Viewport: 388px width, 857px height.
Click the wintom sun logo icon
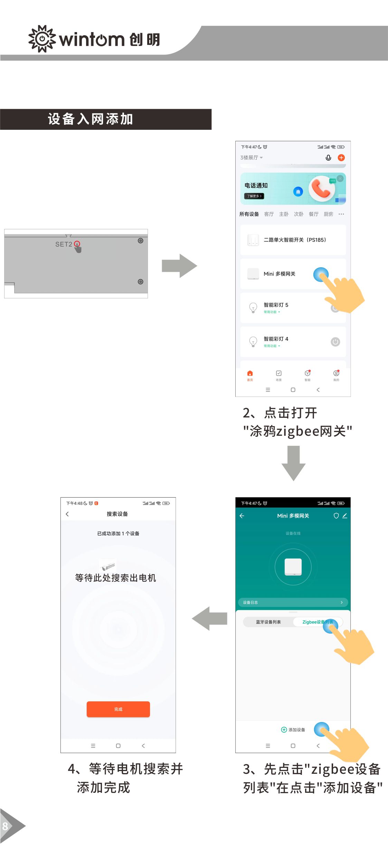[42, 39]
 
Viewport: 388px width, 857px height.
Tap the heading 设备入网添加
[91, 119]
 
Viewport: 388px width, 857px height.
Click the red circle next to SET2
[77, 243]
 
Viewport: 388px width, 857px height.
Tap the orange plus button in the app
[341, 158]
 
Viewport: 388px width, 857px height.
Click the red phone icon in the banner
[321, 189]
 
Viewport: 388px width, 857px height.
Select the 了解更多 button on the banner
[254, 196]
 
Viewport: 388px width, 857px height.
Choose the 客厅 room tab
[269, 214]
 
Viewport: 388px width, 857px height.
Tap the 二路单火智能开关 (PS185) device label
[295, 240]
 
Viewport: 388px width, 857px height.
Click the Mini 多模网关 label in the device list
[279, 274]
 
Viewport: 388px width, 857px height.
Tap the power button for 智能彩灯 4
[335, 342]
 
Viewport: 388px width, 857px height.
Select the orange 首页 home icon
[250, 374]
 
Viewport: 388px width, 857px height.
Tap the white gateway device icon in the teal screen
[293, 567]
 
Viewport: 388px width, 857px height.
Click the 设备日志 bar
[293, 603]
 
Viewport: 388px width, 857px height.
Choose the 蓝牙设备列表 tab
[268, 622]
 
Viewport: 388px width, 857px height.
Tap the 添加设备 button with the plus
[293, 730]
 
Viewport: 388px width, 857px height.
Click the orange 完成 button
[118, 709]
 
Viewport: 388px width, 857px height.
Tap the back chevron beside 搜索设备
[67, 514]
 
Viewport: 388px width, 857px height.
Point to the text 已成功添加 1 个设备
[118, 533]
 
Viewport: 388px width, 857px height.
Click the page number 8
[5, 826]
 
